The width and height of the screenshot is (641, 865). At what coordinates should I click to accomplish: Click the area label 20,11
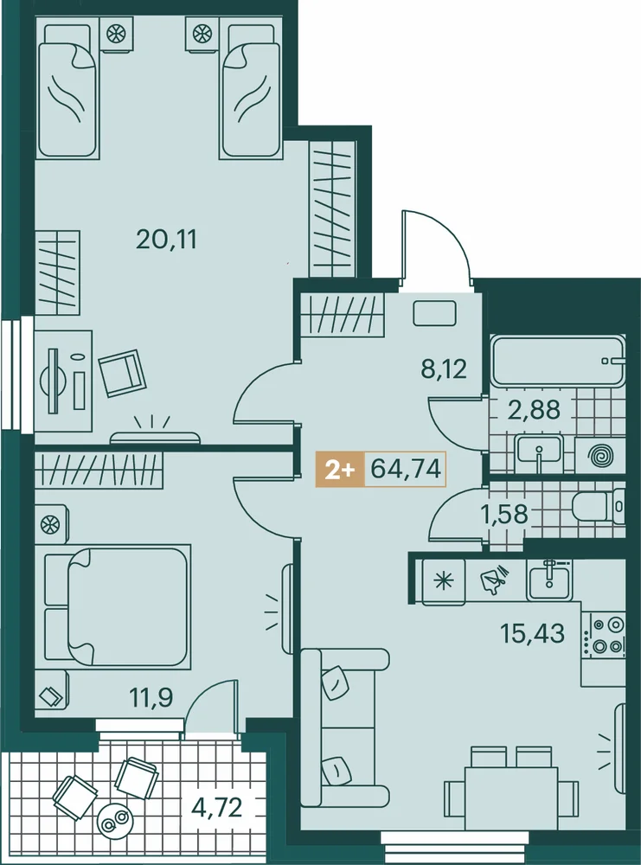(x=166, y=240)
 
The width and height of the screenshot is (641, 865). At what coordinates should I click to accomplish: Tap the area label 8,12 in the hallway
(x=444, y=368)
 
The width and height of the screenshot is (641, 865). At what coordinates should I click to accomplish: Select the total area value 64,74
(x=406, y=470)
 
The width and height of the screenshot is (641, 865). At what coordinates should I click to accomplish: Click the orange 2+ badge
(x=339, y=470)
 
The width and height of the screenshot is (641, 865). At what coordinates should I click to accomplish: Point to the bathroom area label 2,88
(x=534, y=410)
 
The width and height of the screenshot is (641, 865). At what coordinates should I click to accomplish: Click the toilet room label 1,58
(x=504, y=514)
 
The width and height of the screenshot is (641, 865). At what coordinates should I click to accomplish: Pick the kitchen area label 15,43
(x=532, y=634)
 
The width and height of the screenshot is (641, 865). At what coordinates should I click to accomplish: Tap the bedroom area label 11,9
(x=151, y=698)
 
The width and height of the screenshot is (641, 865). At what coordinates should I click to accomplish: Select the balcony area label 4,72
(x=217, y=808)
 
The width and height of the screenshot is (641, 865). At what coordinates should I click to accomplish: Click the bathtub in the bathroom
(x=558, y=362)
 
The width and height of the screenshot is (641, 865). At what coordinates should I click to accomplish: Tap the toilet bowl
(x=599, y=506)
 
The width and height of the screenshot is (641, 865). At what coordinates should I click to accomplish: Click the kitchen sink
(x=549, y=580)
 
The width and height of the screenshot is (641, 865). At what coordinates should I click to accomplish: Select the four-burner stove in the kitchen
(x=605, y=634)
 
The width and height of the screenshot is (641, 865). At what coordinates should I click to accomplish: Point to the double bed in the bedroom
(x=118, y=606)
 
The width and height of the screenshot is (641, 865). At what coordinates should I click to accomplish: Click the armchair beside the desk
(x=121, y=373)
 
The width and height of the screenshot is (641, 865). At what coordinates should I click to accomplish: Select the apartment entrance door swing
(x=436, y=248)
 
